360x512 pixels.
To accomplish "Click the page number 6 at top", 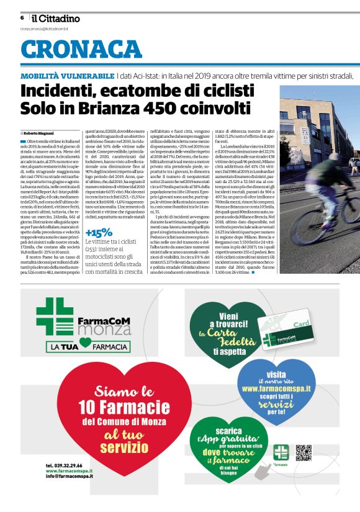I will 22,18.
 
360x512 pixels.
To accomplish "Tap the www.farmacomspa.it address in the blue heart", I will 276,389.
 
